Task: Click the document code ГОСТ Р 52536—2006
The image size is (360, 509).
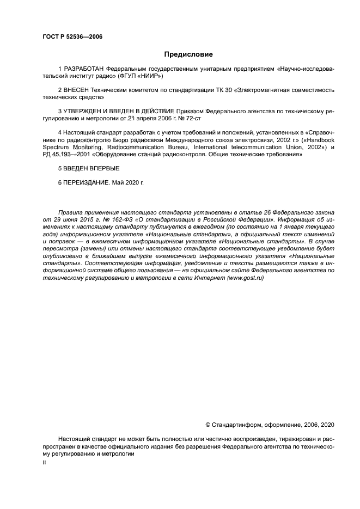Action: click(72, 37)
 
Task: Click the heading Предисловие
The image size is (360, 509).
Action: click(188, 54)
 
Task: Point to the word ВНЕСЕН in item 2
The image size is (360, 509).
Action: click(77, 89)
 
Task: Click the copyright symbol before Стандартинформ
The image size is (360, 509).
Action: click(208, 425)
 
